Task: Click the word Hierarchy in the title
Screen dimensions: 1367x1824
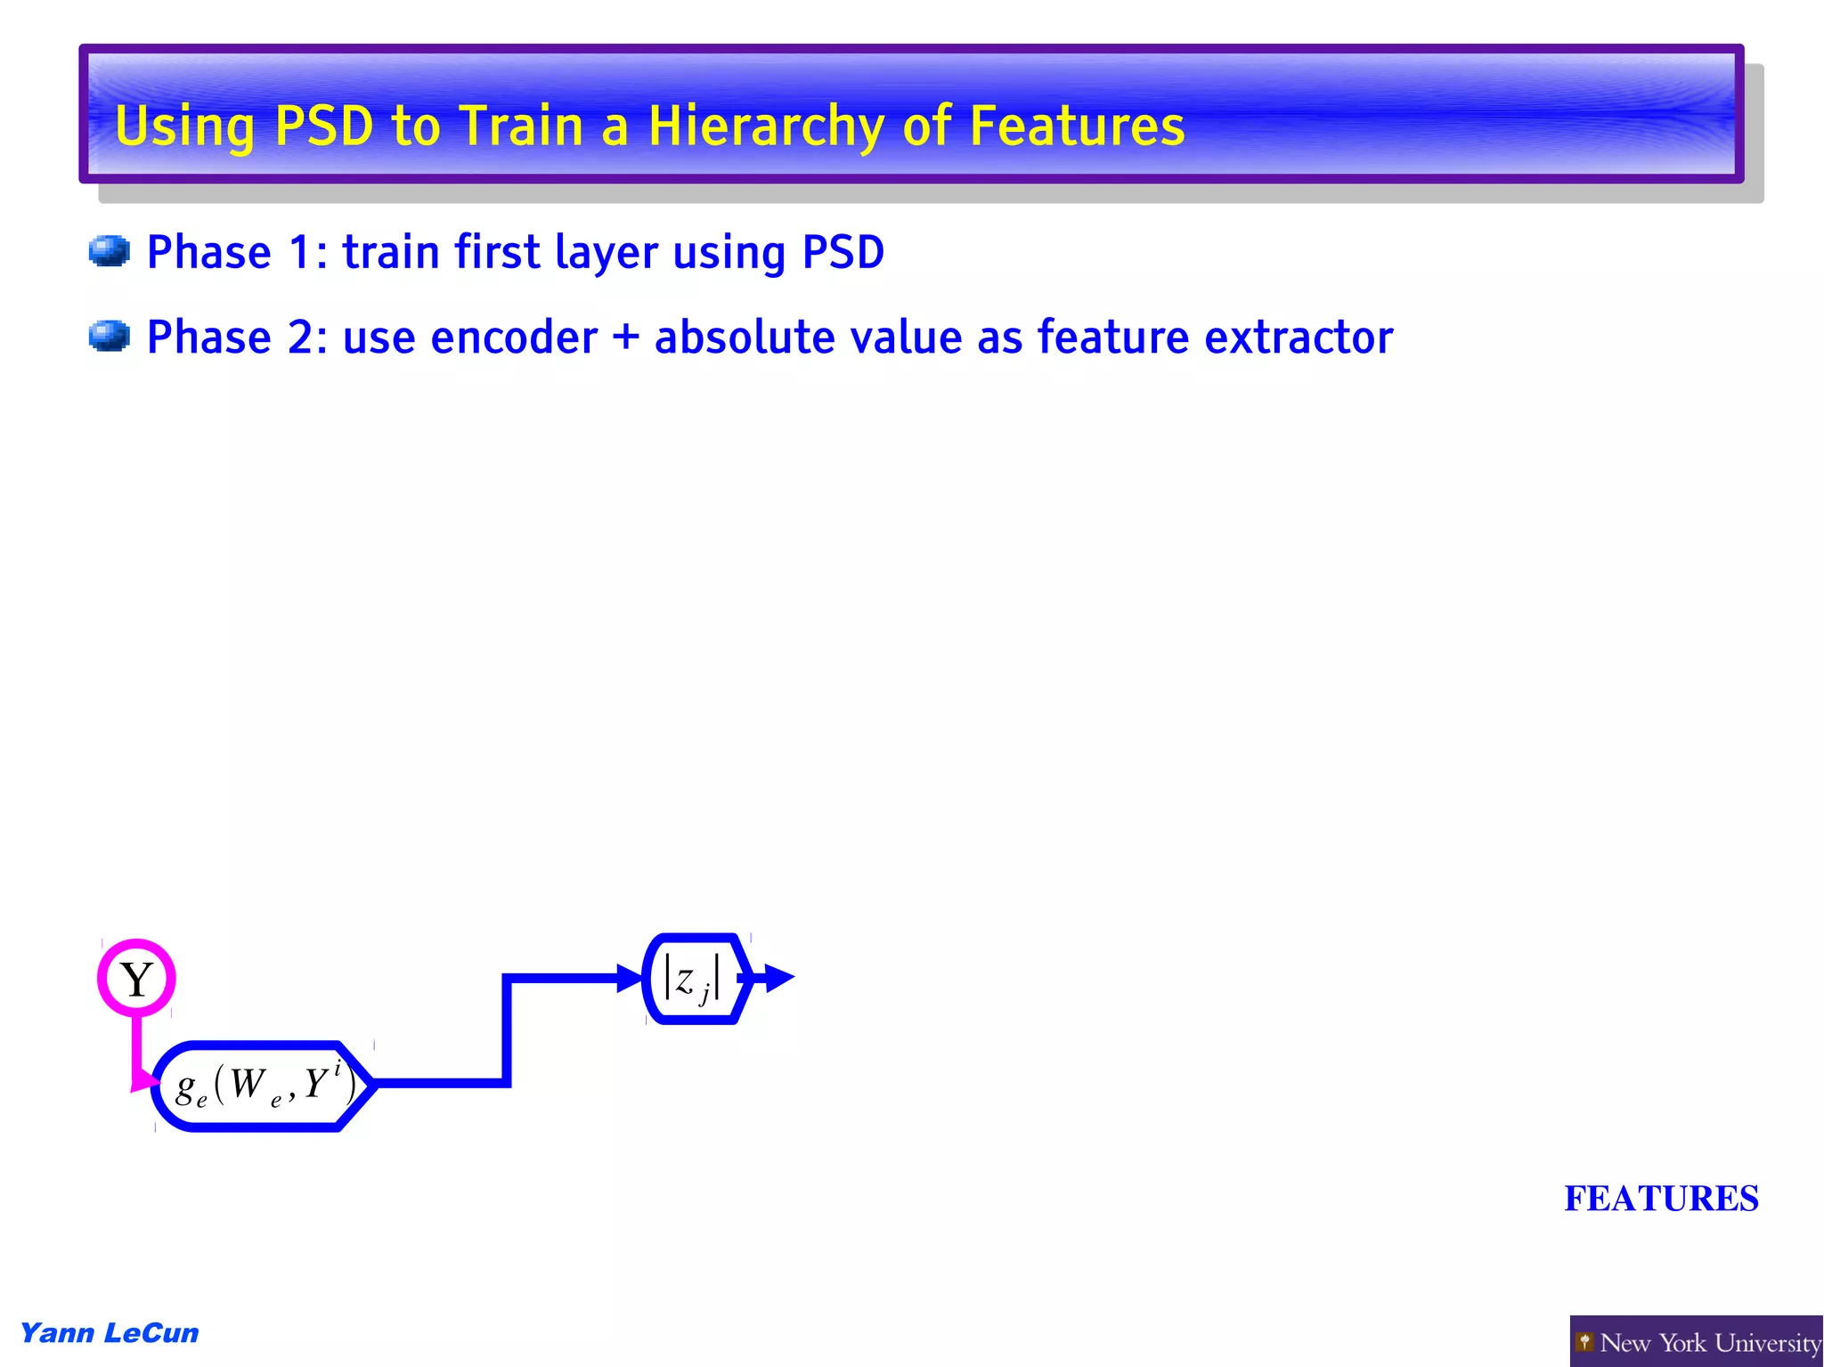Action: pos(765,126)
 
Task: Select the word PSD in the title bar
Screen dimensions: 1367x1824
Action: pos(324,126)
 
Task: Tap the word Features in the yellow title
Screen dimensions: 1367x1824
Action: pos(1077,126)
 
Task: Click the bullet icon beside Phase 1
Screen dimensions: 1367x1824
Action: pos(110,251)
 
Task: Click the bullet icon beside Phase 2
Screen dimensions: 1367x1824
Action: pos(110,337)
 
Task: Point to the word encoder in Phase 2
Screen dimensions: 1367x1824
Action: pos(514,338)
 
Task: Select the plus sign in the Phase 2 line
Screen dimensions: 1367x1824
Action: pos(626,338)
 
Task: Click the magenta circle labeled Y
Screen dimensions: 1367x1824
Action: pos(136,978)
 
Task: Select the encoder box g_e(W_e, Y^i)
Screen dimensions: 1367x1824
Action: pos(263,1086)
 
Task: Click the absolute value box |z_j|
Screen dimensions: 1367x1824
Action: pos(694,979)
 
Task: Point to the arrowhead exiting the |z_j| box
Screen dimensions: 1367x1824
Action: pos(778,978)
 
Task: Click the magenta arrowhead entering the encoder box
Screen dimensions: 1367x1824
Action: pos(143,1080)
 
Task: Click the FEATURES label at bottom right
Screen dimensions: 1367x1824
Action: pos(1661,1199)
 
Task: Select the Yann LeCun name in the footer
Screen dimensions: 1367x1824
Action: pos(109,1333)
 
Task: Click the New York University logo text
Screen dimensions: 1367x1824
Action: pos(1709,1342)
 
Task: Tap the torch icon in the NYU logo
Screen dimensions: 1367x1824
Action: pos(1584,1341)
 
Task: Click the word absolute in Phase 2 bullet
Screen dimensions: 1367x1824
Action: pos(744,338)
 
